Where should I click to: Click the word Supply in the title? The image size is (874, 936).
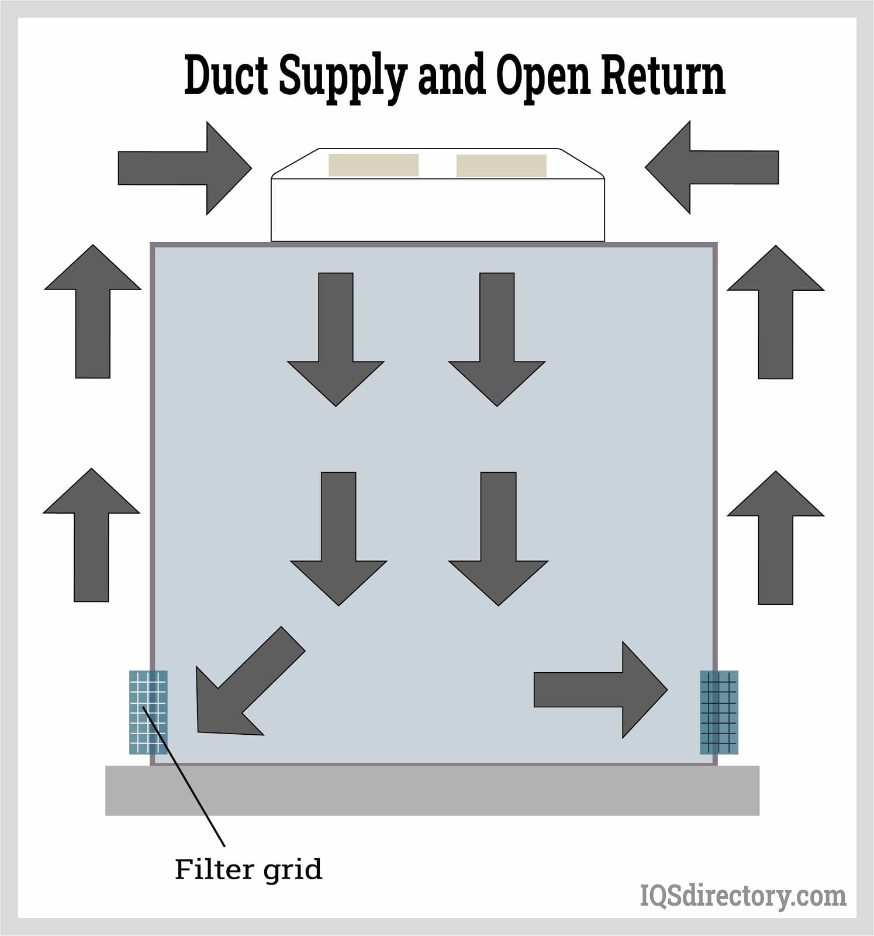pos(341,77)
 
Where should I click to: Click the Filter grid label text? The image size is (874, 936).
pos(248,869)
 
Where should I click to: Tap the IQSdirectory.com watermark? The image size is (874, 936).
pos(742,896)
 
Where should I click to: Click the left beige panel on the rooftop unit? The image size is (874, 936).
pos(373,165)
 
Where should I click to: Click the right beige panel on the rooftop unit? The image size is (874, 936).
pos(501,166)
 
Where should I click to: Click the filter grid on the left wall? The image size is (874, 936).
pos(148,712)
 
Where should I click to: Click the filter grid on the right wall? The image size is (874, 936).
pos(719,712)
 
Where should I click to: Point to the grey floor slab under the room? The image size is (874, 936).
pos(432,790)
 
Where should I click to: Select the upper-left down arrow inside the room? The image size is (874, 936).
pos(336,339)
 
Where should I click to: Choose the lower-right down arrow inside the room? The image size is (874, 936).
pos(498,538)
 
